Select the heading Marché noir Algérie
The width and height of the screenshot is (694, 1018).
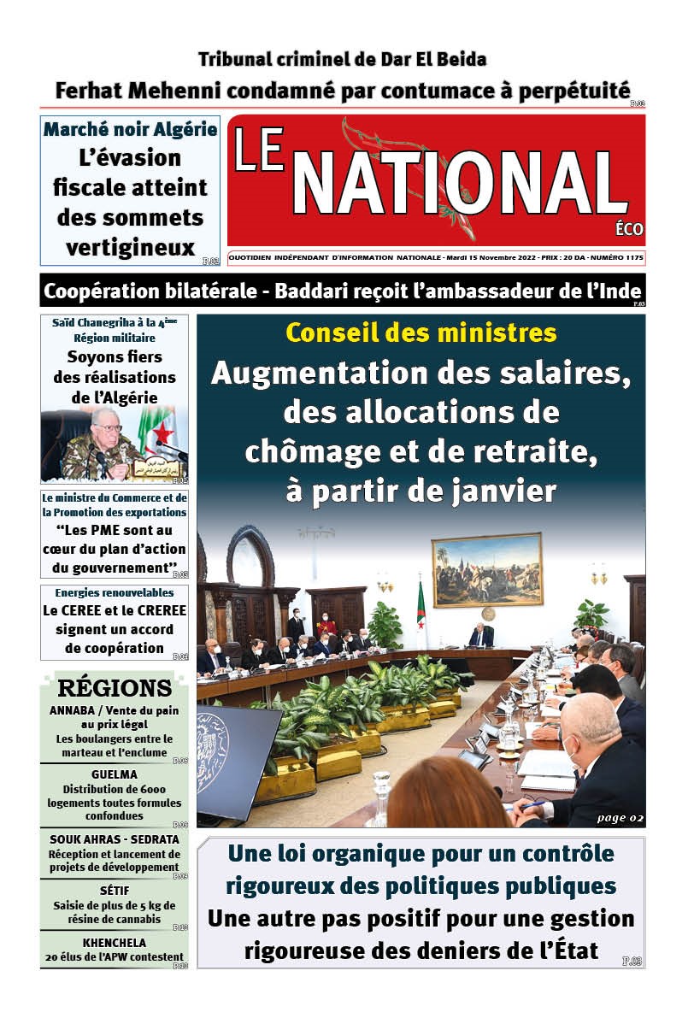(x=130, y=130)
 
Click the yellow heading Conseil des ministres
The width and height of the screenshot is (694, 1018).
(x=421, y=332)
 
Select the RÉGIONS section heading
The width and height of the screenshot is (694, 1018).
(x=115, y=688)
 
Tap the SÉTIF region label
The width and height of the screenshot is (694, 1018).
(x=114, y=891)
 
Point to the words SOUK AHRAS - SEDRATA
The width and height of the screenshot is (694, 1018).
(x=114, y=839)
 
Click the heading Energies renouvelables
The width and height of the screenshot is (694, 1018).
(x=114, y=592)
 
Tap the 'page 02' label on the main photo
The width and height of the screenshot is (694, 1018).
(x=620, y=818)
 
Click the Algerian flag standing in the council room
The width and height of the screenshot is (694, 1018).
(x=421, y=609)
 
